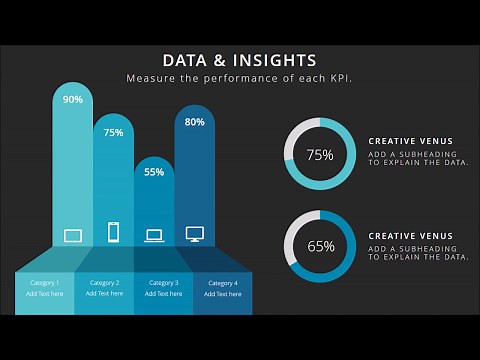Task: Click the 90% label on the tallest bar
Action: [x=73, y=99]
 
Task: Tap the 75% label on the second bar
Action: [x=113, y=132]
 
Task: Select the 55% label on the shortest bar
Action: [x=154, y=171]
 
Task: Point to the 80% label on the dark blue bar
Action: [x=195, y=122]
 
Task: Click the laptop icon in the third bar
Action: [x=154, y=236]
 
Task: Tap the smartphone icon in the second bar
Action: [x=113, y=232]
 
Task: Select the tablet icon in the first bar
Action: [x=73, y=236]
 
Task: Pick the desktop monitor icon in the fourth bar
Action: [x=195, y=234]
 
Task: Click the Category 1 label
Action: [x=45, y=283]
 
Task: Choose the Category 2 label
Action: [x=104, y=283]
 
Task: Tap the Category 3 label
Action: [x=163, y=283]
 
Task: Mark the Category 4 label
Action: [x=222, y=284]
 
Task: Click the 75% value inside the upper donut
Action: [x=320, y=155]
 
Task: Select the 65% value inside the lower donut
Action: [x=320, y=245]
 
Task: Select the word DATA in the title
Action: [x=187, y=60]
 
